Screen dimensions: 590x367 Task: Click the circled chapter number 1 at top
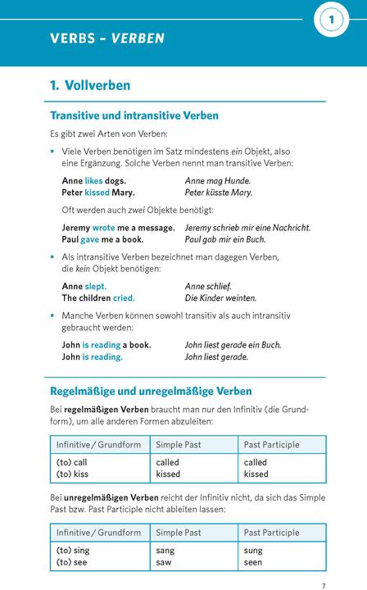(x=332, y=18)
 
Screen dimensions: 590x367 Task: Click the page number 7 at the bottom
(x=324, y=563)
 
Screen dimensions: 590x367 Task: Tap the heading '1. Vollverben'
(x=90, y=85)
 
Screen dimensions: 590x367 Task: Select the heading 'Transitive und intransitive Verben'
(x=134, y=116)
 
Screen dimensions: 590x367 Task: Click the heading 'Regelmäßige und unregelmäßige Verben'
(x=151, y=391)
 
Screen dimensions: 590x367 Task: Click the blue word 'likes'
(x=94, y=180)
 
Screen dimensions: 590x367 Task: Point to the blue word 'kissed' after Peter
(x=97, y=193)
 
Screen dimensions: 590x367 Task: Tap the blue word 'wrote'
(x=104, y=227)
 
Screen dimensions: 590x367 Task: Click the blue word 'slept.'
(x=96, y=286)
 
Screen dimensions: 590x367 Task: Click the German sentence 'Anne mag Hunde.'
(x=218, y=180)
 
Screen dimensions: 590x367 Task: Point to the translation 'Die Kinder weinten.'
(x=220, y=298)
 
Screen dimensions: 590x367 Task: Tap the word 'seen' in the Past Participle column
(x=253, y=562)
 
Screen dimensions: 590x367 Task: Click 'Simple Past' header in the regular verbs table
(x=179, y=444)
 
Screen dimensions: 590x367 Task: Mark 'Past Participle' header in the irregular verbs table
(x=272, y=533)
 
